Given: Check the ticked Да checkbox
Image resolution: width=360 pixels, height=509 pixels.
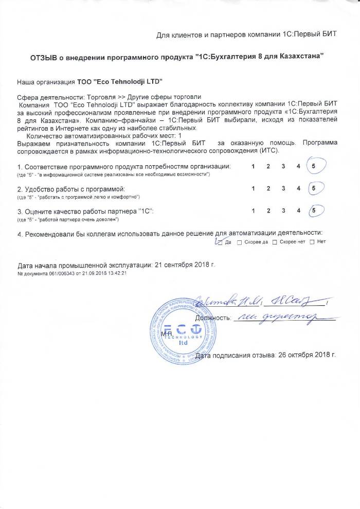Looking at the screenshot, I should (x=220, y=242).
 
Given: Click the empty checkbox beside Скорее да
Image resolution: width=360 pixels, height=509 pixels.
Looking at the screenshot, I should (x=240, y=242).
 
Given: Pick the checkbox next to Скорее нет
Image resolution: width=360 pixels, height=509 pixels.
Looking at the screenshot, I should (x=274, y=242).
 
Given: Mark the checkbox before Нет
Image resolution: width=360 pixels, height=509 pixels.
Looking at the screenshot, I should (x=312, y=242).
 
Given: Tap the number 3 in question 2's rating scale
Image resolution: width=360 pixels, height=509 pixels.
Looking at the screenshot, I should (x=283, y=189).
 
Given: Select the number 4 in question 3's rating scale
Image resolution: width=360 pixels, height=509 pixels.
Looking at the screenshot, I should (x=298, y=211).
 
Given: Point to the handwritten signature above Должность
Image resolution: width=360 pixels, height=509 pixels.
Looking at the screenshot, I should (x=257, y=301).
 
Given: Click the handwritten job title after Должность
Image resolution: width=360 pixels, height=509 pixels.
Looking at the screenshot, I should (x=278, y=319).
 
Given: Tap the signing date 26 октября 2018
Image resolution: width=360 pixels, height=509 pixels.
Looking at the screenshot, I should (x=305, y=355).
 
